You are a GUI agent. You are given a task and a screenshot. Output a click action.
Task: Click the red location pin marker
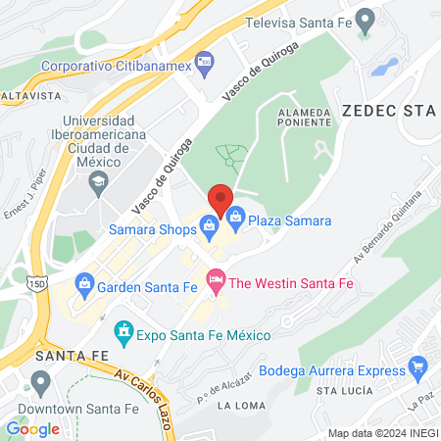pos(220,198)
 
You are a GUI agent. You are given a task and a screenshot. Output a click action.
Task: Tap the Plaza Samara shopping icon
pos(234,215)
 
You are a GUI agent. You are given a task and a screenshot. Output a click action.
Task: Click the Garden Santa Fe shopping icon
pos(83,287)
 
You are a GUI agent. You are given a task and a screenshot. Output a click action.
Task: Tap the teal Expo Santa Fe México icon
pos(123,333)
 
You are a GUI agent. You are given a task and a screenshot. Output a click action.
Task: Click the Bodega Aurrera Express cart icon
pos(419,370)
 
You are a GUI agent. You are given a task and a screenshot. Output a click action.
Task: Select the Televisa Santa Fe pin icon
pos(365,20)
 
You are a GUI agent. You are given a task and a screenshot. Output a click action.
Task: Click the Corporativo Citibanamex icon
pos(205,65)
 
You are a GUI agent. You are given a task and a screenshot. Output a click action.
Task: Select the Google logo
pos(32,428)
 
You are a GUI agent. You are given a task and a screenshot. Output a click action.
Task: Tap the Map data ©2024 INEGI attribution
pos(381,433)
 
